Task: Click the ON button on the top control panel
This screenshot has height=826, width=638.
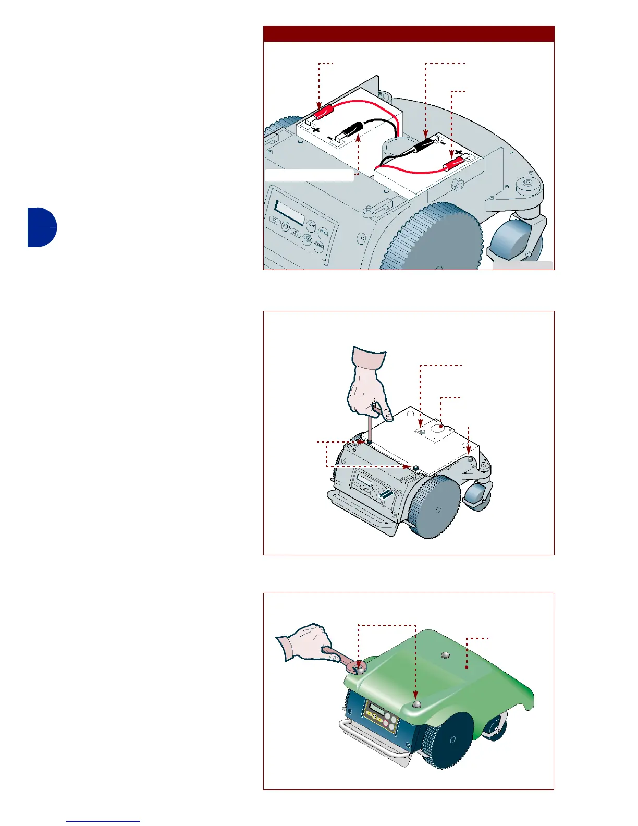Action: coord(311,225)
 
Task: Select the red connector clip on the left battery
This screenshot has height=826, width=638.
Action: coord(325,111)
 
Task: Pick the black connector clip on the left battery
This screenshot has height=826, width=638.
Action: coord(353,128)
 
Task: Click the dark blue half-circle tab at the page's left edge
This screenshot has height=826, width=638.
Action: coord(42,227)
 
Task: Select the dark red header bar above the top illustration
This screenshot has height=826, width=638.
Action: coord(408,33)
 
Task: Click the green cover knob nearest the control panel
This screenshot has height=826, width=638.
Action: coord(415,704)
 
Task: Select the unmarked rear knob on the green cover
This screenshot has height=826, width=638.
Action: coord(445,655)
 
